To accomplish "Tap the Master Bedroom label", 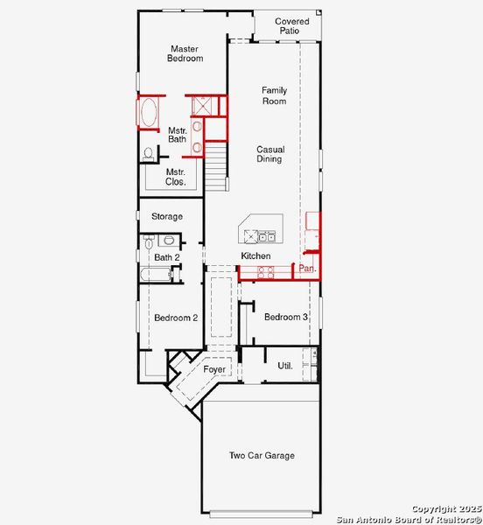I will (185, 53).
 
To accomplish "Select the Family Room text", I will (274, 95).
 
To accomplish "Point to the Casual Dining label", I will (269, 154).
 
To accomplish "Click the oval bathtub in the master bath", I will (149, 113).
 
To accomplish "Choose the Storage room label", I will (166, 216).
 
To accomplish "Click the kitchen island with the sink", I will (256, 231).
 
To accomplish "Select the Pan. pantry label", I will (307, 269).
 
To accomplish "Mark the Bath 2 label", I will (166, 257).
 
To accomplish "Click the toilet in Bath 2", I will (148, 241).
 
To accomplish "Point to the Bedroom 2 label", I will (175, 318).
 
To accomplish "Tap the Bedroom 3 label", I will (285, 317).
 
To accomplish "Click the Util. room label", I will (285, 365).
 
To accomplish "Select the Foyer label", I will (214, 369).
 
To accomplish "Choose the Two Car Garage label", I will (262, 455).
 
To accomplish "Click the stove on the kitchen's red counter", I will (264, 273).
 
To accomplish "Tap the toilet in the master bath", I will (149, 153).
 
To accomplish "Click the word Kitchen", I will (255, 255).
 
